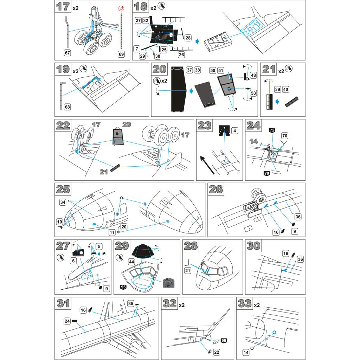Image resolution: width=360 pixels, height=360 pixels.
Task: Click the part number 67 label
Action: [x=67, y=53]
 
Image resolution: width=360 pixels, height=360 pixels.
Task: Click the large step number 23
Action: [x=204, y=126]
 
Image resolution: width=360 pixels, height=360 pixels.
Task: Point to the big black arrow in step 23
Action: [x=207, y=164]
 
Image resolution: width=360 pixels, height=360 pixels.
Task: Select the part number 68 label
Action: [x=67, y=107]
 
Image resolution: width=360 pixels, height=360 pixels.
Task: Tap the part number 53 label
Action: [x=253, y=93]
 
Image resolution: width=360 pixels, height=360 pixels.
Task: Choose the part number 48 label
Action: [x=253, y=75]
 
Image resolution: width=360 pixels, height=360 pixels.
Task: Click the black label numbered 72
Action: [x=272, y=130]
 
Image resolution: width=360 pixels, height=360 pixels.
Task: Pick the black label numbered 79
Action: [x=266, y=173]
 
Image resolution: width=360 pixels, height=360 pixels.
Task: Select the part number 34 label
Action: [x=63, y=202]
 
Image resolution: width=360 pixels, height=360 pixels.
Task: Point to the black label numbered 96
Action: [x=224, y=340]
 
